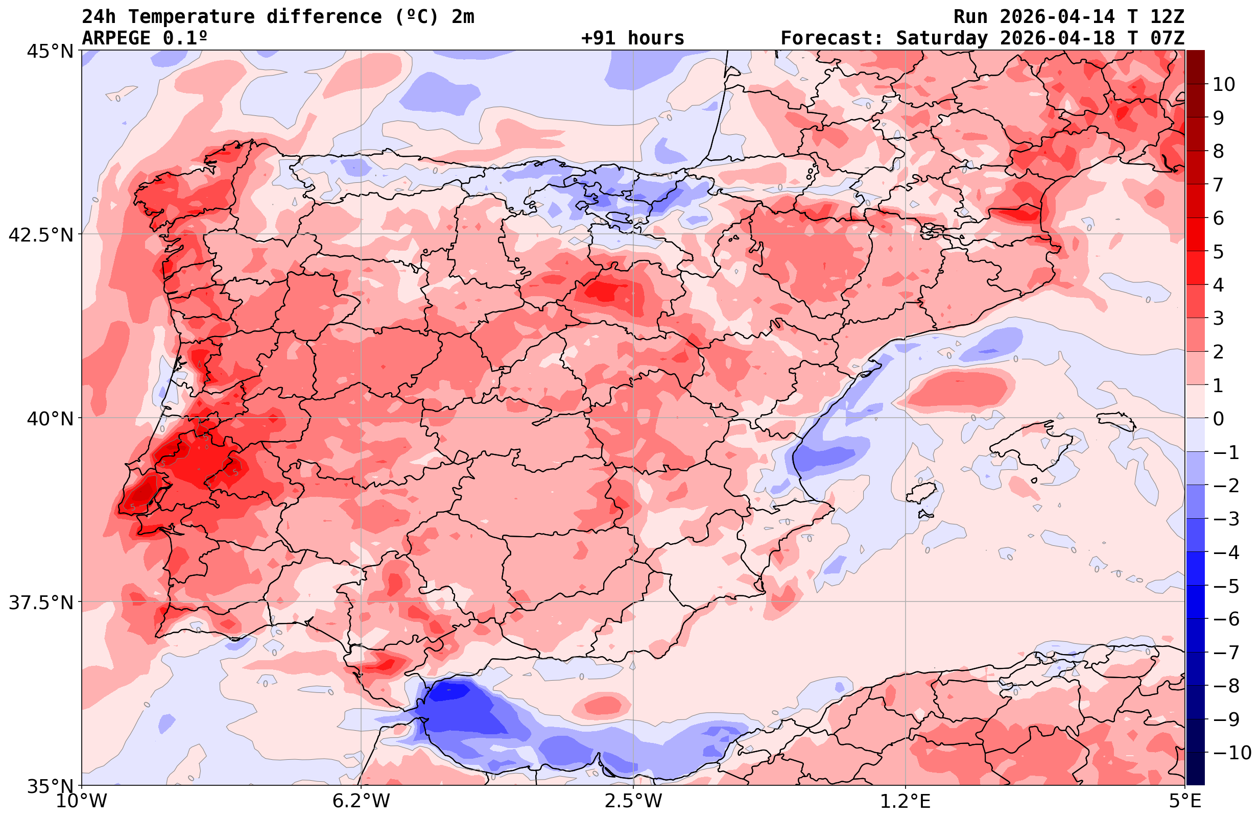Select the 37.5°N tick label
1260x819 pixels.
[x=41, y=603]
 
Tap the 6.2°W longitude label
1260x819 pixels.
[x=361, y=801]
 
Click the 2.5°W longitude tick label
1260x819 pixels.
[x=633, y=801]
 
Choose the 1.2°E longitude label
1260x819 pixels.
[x=906, y=801]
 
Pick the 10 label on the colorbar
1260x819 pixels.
[x=1223, y=84]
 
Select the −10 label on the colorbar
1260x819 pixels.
[x=1231, y=752]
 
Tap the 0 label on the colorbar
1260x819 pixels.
[x=1218, y=419]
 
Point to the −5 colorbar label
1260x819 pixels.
[x=1226, y=586]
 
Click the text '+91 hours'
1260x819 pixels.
[x=633, y=38]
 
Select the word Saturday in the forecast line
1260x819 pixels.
[x=942, y=38]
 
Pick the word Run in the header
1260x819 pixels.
[x=970, y=17]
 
